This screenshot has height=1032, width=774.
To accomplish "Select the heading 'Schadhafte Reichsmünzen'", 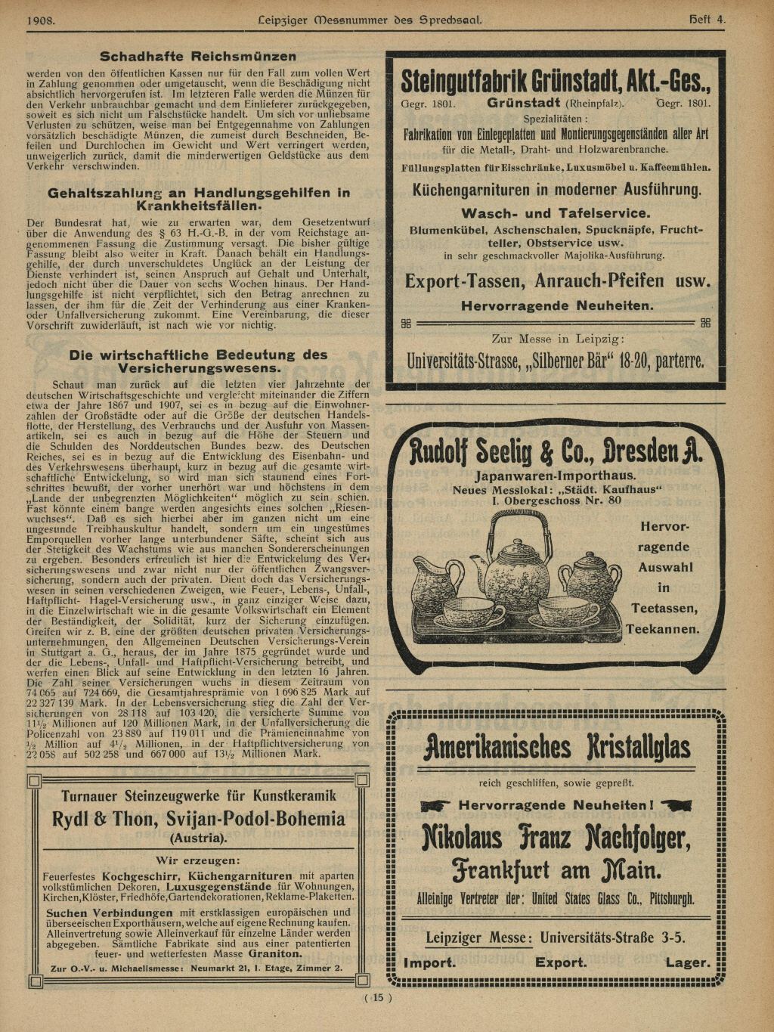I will (x=198, y=57).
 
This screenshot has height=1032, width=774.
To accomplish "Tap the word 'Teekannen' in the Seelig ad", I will (x=662, y=629).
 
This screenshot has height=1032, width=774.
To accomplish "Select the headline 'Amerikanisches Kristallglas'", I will (x=557, y=747).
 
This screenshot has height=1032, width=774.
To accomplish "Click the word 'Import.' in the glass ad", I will (x=429, y=962).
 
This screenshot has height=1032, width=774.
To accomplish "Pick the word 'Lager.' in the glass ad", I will (x=687, y=962).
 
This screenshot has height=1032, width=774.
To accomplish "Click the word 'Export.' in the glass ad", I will (x=561, y=962).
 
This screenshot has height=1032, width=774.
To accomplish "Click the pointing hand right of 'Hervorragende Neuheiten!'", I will (x=675, y=805).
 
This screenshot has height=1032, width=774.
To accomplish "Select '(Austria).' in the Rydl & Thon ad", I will (x=198, y=838).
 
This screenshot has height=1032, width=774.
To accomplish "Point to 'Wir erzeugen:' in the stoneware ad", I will (x=198, y=860).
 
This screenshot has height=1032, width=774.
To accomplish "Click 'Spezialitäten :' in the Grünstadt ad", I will (x=556, y=119).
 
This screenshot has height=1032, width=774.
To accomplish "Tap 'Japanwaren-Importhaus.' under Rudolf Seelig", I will (x=556, y=476).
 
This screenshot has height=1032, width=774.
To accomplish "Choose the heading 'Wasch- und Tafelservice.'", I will (x=556, y=213).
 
